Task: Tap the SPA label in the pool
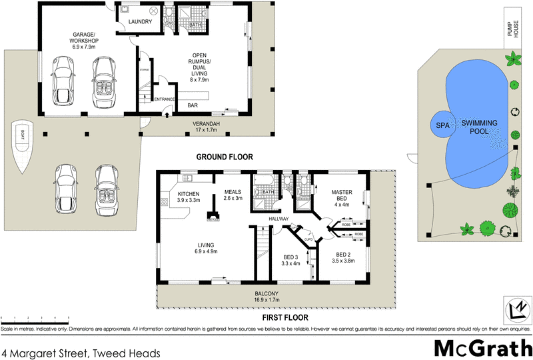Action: (x=440, y=125)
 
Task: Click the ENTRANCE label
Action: (x=165, y=99)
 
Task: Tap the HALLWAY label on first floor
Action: (x=279, y=218)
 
